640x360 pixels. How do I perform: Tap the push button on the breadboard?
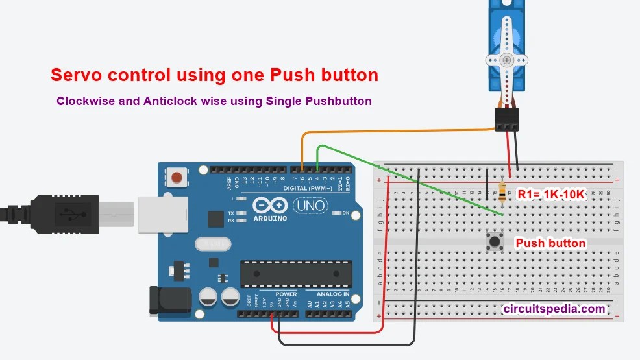pyautogui.click(x=495, y=243)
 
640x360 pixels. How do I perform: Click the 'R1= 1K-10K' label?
pyautogui.click(x=551, y=193)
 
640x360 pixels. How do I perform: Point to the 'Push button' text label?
pyautogui.click(x=550, y=243)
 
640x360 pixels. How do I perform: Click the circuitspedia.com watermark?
pyautogui.click(x=554, y=309)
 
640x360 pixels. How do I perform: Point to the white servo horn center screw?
pyautogui.click(x=506, y=60)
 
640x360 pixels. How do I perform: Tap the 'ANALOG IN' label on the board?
pyautogui.click(x=332, y=294)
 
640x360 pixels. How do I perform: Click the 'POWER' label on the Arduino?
pyautogui.click(x=286, y=294)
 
